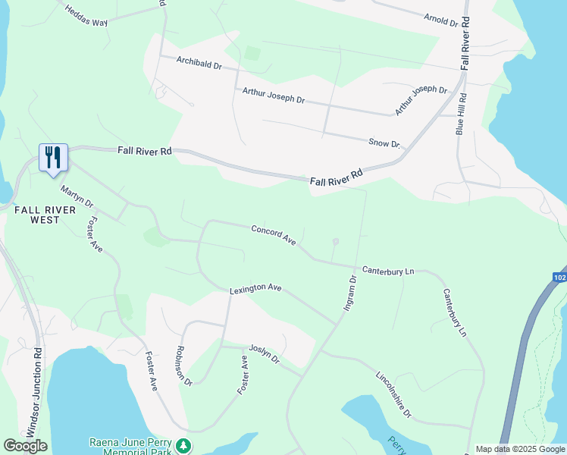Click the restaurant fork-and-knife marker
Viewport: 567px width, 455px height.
point(53,158)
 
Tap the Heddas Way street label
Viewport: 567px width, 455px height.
point(86,16)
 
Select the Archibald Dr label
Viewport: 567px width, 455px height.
point(199,63)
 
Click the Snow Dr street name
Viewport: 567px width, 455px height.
point(384,142)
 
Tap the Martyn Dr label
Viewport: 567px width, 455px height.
point(77,199)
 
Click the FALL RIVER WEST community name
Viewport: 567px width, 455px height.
point(45,215)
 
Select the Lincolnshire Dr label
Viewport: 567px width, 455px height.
point(393,394)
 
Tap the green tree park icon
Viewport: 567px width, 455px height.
point(183,446)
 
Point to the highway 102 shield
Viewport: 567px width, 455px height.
point(559,278)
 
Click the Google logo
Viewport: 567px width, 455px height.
point(25,446)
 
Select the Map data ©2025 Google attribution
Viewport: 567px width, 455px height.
point(520,449)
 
